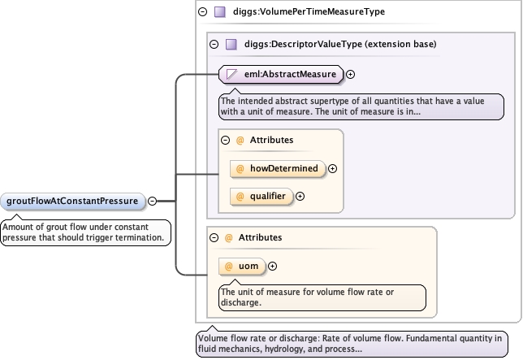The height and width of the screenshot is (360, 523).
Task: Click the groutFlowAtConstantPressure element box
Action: [72, 201]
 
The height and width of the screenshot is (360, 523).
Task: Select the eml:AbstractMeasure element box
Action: [280, 75]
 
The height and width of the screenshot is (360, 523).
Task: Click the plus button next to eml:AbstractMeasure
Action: [351, 75]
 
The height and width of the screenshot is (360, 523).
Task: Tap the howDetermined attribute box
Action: [277, 168]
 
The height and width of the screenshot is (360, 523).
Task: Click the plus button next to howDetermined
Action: [333, 168]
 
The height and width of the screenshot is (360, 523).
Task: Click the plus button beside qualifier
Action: [300, 196]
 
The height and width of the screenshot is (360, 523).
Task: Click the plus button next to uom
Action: [272, 266]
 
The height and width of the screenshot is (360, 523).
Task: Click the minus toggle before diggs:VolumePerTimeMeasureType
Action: [202, 12]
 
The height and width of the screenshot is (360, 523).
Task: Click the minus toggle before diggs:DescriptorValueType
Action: [214, 45]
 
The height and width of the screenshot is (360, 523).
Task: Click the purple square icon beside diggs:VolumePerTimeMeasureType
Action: [219, 12]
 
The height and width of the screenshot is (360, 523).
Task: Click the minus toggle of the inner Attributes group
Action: [225, 141]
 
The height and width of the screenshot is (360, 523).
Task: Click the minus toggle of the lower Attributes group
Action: [214, 237]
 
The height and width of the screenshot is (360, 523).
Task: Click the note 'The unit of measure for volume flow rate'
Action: [322, 297]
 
